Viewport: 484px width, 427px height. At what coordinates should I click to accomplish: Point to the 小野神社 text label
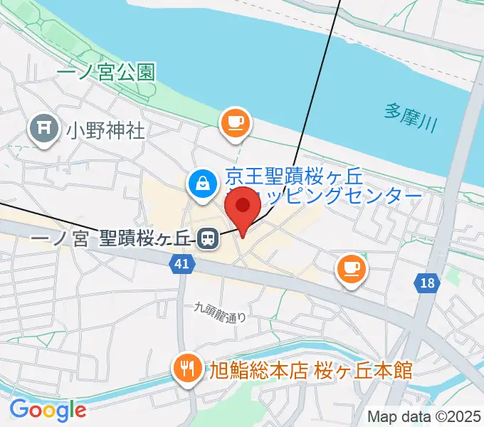coord(105,130)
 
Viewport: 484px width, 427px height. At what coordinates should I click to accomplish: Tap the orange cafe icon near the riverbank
coord(236,122)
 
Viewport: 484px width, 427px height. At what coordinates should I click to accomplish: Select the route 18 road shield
coord(426,283)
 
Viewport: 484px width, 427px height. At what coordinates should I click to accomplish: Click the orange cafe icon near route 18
coord(352,268)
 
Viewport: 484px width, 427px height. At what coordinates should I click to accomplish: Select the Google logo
coord(48,410)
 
